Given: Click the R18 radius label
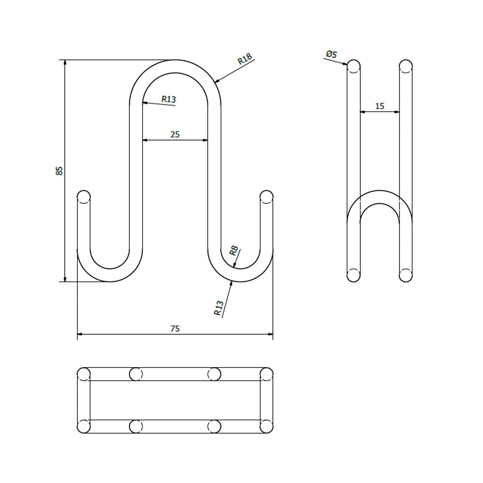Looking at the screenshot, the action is (245, 58).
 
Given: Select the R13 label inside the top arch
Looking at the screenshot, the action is (169, 99).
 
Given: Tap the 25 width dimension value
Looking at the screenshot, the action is (175, 134).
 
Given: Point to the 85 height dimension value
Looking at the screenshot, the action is (59, 170).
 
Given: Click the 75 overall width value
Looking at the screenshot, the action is (175, 328).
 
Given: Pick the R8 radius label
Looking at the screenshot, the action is (234, 251).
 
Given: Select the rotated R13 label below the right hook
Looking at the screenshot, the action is (219, 308).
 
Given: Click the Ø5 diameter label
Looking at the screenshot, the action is (331, 55).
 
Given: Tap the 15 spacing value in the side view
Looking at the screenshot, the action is (380, 106).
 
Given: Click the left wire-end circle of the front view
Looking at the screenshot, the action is (84, 197).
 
